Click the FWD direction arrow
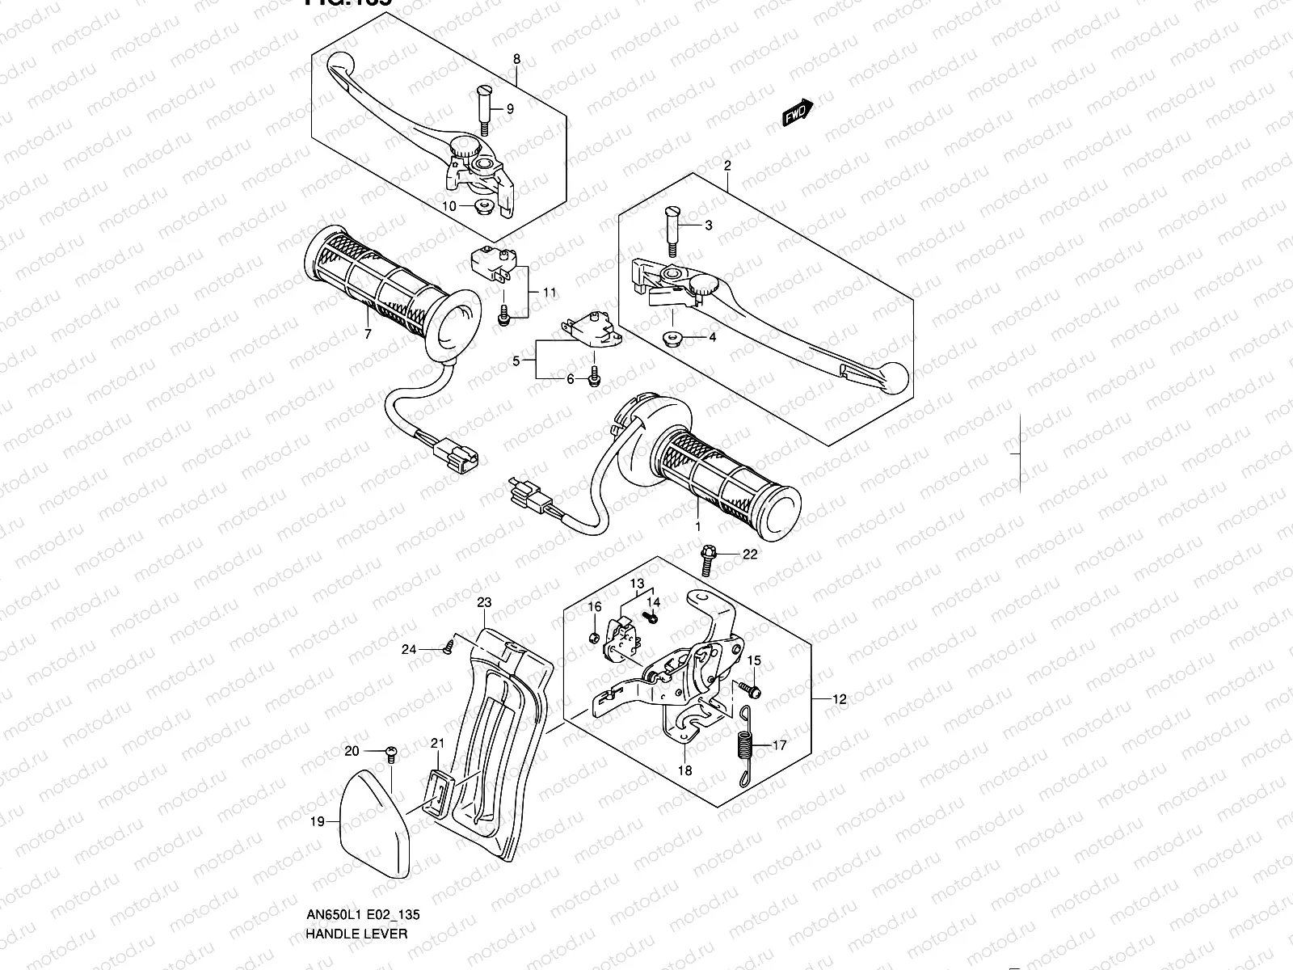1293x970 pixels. pos(798,114)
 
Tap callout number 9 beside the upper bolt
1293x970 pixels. pos(510,109)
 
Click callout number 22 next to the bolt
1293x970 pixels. pos(750,554)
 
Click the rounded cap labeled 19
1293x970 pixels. pos(373,820)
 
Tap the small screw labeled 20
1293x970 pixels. pos(390,753)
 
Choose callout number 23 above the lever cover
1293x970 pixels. pos(484,602)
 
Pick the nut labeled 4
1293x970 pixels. pos(672,338)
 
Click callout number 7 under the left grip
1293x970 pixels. pos(368,334)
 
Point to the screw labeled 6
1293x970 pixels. pos(596,377)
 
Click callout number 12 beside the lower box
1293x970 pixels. pos(840,699)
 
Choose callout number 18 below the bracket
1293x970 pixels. pos(684,770)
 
